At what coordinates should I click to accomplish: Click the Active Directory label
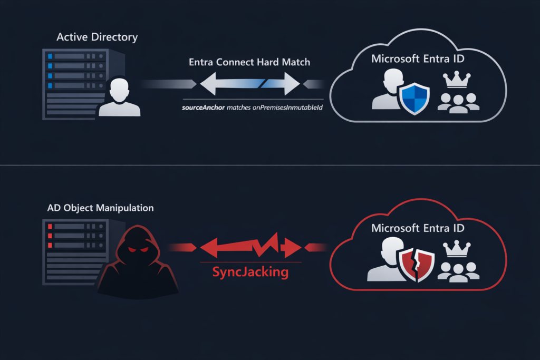click(x=97, y=37)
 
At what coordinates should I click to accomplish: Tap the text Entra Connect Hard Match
click(x=249, y=62)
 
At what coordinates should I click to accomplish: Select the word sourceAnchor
click(x=204, y=108)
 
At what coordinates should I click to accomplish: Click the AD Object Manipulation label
click(x=100, y=208)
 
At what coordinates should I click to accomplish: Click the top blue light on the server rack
click(x=51, y=56)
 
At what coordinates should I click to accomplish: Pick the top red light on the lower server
click(x=51, y=226)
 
